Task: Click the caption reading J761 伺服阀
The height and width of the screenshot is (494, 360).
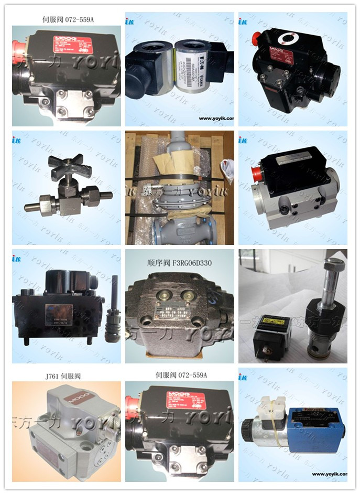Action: point(63,376)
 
